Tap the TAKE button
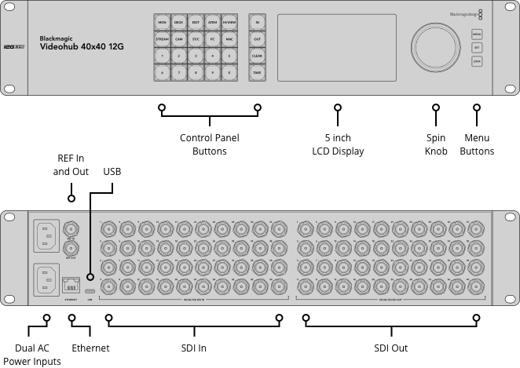(x=257, y=72)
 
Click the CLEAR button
(x=257, y=56)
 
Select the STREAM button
(x=162, y=38)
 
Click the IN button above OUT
(x=257, y=22)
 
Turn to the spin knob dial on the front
(x=434, y=46)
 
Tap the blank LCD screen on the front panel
(x=337, y=46)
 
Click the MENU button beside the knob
(x=477, y=34)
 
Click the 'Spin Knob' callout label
(x=434, y=144)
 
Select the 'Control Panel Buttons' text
(x=210, y=144)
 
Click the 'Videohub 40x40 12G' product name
(x=82, y=46)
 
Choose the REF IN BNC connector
(x=71, y=228)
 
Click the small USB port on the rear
(x=90, y=278)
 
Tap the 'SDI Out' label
(x=390, y=348)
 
